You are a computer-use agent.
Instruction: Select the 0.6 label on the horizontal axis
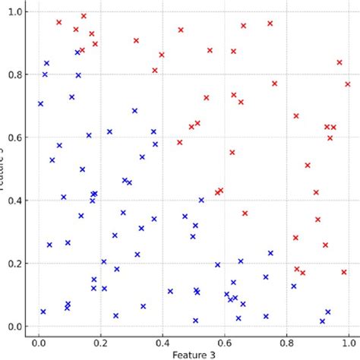coord(225,342)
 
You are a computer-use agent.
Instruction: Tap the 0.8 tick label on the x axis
coord(286,342)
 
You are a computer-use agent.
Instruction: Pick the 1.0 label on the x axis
coord(349,342)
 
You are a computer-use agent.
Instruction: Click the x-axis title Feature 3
coord(194,354)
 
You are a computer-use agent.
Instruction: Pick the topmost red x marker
coord(84,16)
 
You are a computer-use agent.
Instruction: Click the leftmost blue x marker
coord(41,103)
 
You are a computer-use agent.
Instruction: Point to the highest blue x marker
coord(77,52)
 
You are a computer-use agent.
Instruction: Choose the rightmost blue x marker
coord(328,312)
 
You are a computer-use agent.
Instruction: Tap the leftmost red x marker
coord(58,22)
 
